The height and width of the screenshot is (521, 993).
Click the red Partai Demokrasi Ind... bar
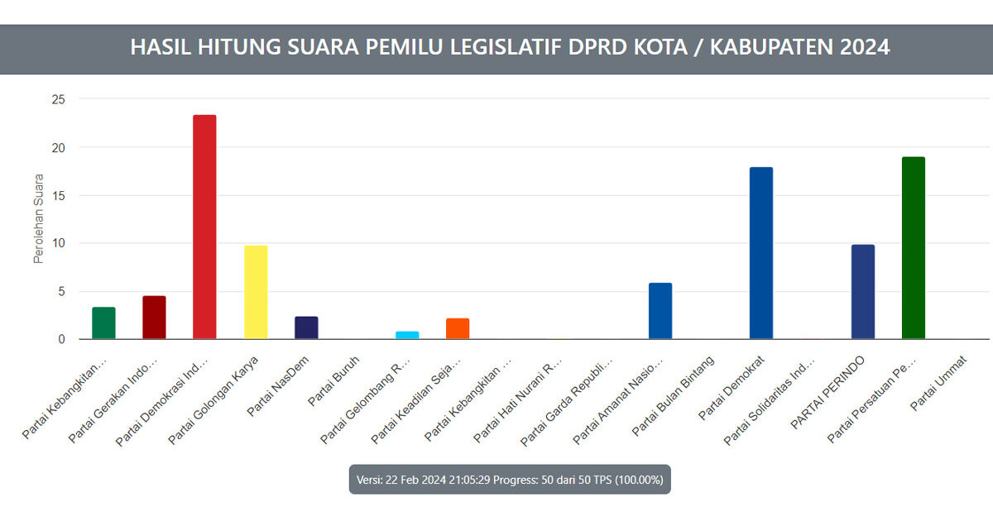point(204,227)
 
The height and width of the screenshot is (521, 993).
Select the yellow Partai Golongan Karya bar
point(255,292)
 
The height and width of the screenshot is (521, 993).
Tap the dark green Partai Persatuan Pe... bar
point(914,248)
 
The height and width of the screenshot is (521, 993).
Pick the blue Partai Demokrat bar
point(761,253)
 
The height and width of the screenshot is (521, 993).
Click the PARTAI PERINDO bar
point(863,292)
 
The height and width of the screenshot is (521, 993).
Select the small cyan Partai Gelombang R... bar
point(407,335)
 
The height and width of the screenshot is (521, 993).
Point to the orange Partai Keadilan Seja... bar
point(458,328)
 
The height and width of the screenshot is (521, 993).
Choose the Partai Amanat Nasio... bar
point(660,311)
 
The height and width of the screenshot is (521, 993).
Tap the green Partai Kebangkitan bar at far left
point(103,323)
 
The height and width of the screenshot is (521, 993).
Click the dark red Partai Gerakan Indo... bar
point(154,318)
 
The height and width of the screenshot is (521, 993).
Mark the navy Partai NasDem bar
point(306,327)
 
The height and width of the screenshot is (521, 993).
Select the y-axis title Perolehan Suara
point(38,219)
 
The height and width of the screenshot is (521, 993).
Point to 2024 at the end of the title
point(865,47)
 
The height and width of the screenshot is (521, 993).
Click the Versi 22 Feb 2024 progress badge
point(510,480)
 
